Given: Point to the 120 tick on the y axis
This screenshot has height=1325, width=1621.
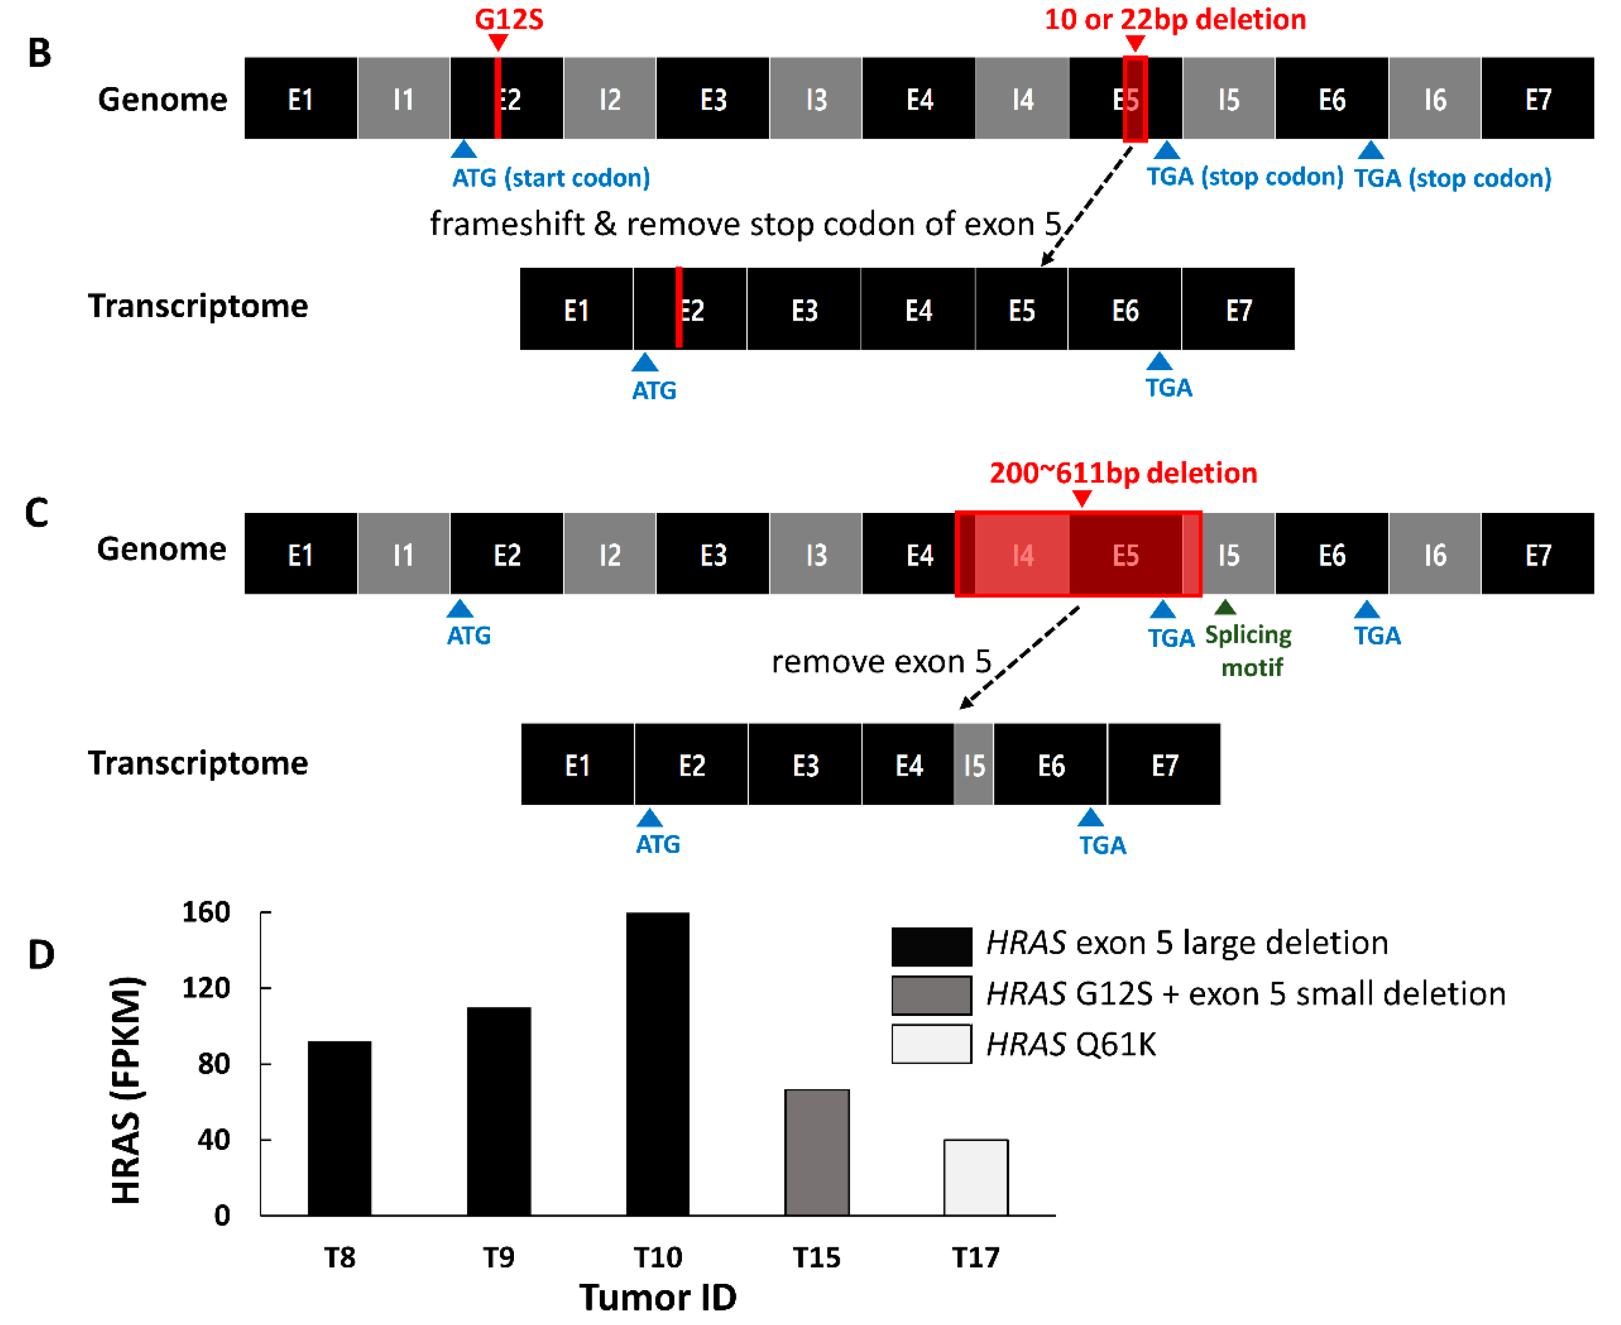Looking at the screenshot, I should tap(206, 988).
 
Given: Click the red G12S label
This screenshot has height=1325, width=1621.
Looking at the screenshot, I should tap(509, 19).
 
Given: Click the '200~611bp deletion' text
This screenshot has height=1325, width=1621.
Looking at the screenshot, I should tap(1123, 473).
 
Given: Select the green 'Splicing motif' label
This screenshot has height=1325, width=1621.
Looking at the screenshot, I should tap(1248, 651).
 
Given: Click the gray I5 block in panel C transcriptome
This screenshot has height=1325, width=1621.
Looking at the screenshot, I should tap(973, 765).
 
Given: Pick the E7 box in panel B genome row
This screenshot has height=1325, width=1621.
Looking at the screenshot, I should tap(1537, 99).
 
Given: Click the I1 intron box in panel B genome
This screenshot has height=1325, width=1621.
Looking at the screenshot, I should tap(403, 99).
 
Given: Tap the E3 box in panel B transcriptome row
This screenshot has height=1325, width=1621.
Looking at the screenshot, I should tap(804, 310).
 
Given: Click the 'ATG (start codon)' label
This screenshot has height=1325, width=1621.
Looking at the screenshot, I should tap(551, 178).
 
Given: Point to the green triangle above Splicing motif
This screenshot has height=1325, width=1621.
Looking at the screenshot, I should tap(1225, 608).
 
